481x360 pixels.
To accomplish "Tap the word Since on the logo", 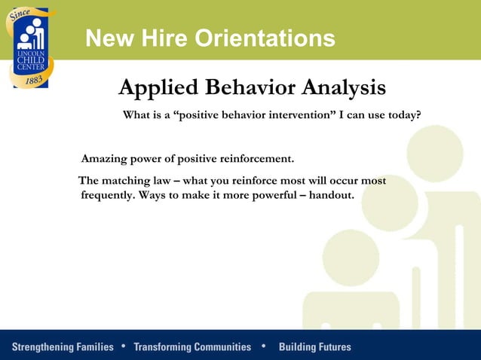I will [18, 15].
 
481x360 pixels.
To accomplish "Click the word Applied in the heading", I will [155, 89].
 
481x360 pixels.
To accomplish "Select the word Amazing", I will [106, 159].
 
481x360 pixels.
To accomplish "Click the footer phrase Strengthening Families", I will [62, 347].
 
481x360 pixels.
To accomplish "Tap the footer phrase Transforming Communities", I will [192, 347].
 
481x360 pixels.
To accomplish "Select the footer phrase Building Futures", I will [314, 347].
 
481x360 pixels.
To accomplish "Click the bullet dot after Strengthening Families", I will [123, 346].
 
